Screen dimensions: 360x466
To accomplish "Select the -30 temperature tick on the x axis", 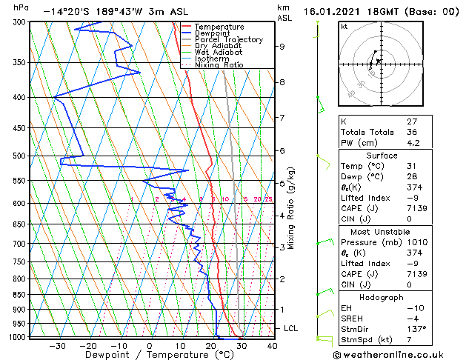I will [x=57, y=345].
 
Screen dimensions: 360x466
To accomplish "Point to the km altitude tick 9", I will [x=282, y=47].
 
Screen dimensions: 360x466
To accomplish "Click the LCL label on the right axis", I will [x=291, y=328].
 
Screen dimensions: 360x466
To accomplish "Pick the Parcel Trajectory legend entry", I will [x=228, y=40].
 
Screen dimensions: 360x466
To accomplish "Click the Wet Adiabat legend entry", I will [x=218, y=53].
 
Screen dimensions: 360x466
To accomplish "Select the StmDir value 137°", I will [x=416, y=329].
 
